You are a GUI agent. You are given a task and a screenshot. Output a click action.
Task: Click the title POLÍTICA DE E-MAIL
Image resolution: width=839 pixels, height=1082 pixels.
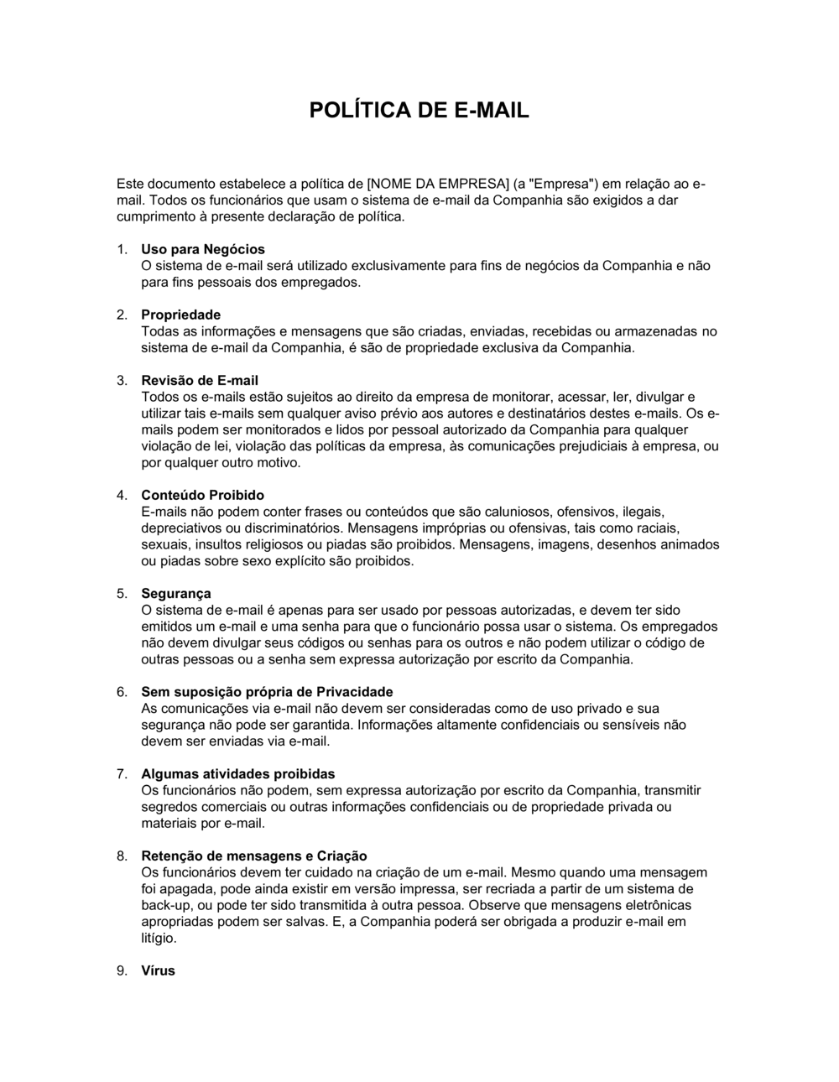click(x=419, y=111)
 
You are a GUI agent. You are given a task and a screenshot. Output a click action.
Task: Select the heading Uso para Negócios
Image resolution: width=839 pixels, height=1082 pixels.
click(x=202, y=249)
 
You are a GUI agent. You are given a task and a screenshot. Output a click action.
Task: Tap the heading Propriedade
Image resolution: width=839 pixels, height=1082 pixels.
click(x=180, y=315)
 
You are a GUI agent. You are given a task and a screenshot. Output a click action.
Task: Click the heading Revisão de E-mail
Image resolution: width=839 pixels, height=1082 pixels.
click(x=200, y=380)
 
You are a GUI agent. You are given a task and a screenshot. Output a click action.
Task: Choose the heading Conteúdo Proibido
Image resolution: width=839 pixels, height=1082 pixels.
click(x=202, y=495)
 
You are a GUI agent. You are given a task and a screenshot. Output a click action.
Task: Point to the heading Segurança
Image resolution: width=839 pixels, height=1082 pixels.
click(x=175, y=594)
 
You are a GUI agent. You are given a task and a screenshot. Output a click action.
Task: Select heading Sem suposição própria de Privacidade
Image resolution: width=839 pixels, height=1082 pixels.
click(x=267, y=692)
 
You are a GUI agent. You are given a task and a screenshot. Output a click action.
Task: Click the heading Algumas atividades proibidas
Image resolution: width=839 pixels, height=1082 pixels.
click(x=237, y=774)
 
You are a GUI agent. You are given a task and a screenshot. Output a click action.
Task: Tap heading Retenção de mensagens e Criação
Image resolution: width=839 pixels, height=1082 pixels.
click(x=253, y=856)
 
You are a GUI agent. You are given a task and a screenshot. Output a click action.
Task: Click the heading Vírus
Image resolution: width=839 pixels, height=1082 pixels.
click(x=158, y=970)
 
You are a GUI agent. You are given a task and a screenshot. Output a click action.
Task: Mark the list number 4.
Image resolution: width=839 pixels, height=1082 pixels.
click(x=122, y=495)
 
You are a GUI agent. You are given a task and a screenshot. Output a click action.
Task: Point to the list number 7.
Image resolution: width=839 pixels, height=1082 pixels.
click(x=122, y=774)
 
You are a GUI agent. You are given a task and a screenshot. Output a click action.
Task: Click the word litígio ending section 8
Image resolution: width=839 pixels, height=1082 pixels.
click(x=159, y=939)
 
